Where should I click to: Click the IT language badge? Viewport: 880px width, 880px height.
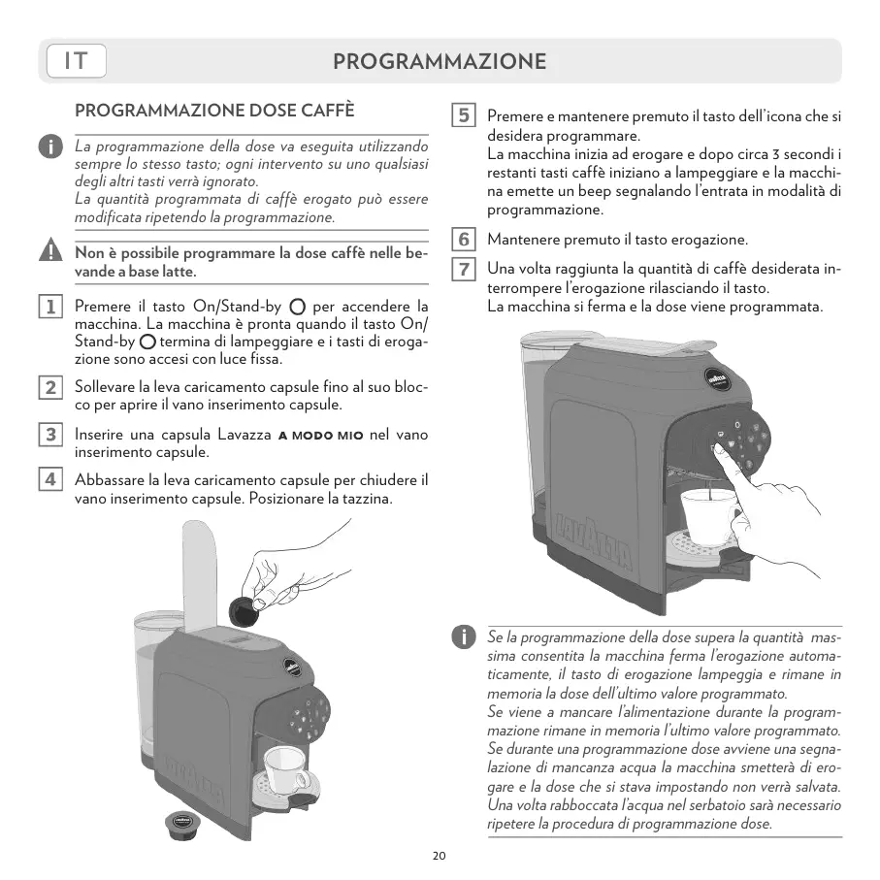[x=76, y=61]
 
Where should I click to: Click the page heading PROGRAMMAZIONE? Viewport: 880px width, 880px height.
[x=440, y=61]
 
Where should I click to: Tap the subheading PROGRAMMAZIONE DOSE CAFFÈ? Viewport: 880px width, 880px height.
[x=215, y=111]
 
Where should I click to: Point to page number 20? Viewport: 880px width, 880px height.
[x=440, y=856]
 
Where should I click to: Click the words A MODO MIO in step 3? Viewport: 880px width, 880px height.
[x=320, y=436]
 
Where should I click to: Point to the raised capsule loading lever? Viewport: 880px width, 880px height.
[x=199, y=572]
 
